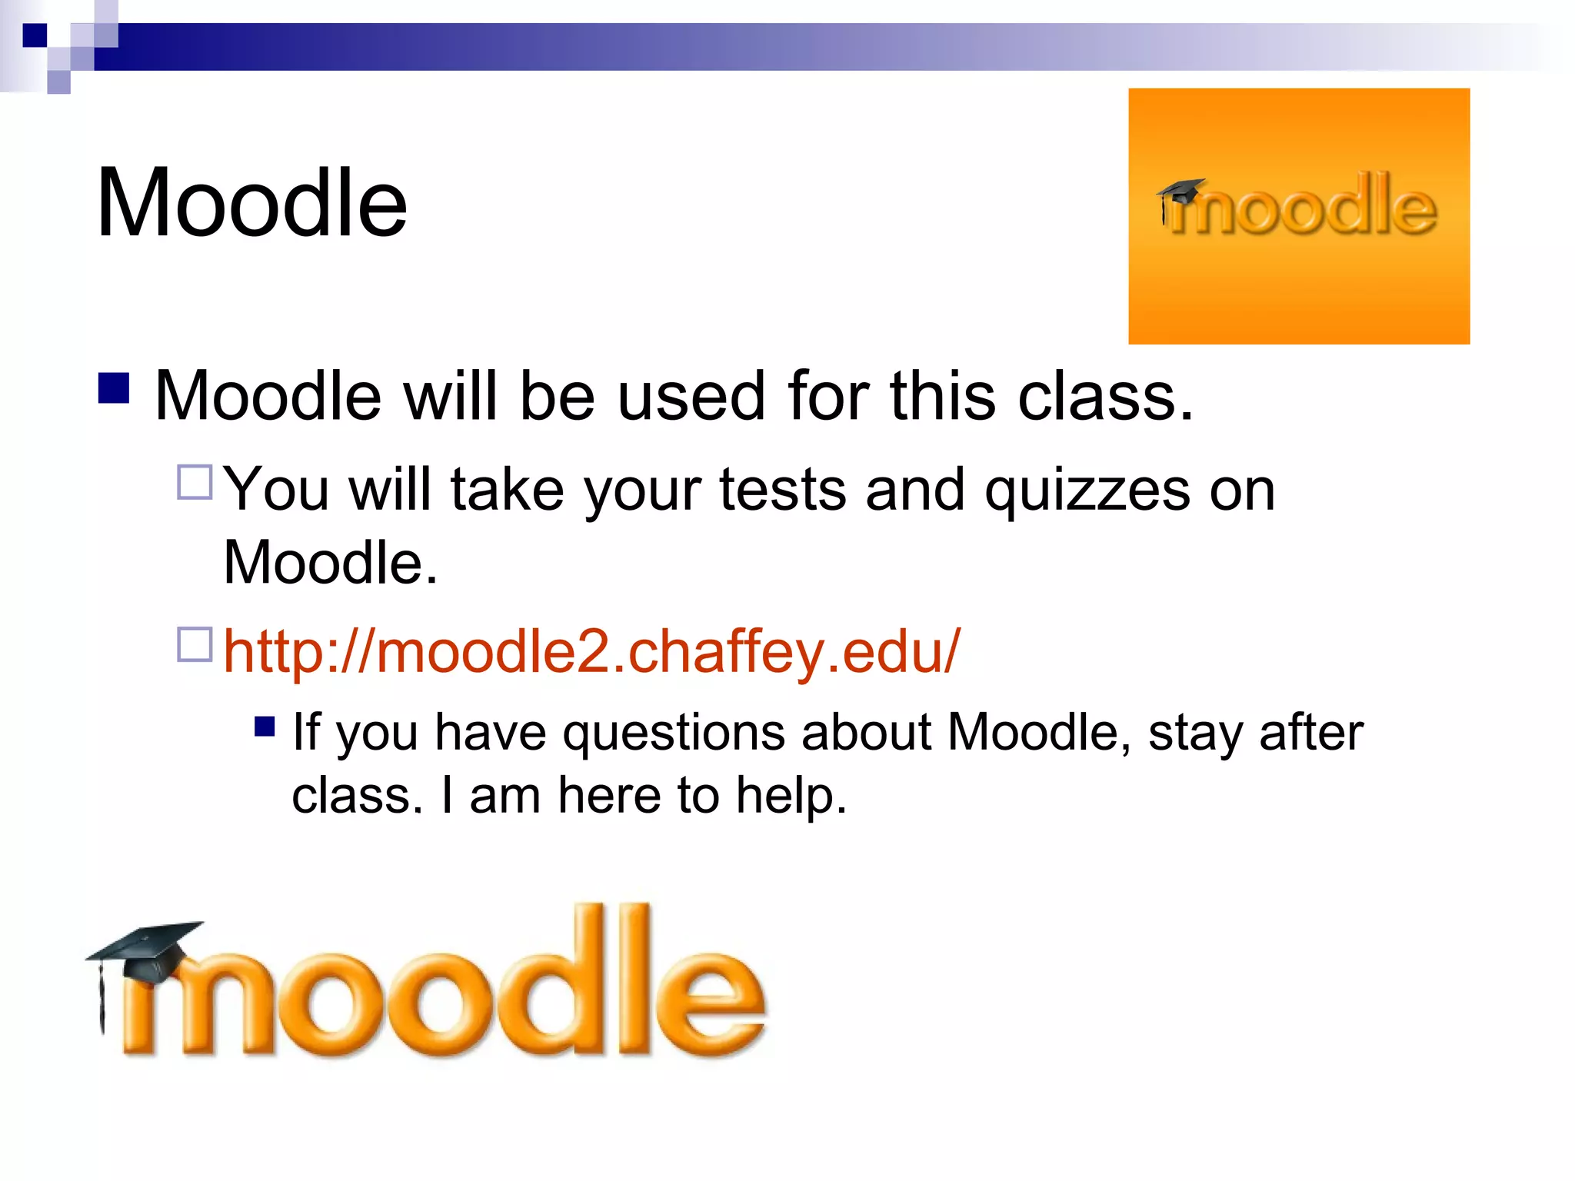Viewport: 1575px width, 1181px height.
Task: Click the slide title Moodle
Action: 251,204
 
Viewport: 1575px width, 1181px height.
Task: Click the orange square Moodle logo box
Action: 1298,216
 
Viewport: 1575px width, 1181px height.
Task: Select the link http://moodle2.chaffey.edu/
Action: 591,651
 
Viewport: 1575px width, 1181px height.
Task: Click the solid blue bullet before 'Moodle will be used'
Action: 114,388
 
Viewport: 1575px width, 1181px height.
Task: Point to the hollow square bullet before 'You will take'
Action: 195,483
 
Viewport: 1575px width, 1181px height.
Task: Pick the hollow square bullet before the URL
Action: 195,644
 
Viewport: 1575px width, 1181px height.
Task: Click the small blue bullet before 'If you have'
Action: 265,727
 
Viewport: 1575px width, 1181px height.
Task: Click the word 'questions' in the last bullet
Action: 674,732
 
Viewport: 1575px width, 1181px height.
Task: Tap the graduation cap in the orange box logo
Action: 1180,191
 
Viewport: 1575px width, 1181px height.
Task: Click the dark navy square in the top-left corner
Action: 35,35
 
